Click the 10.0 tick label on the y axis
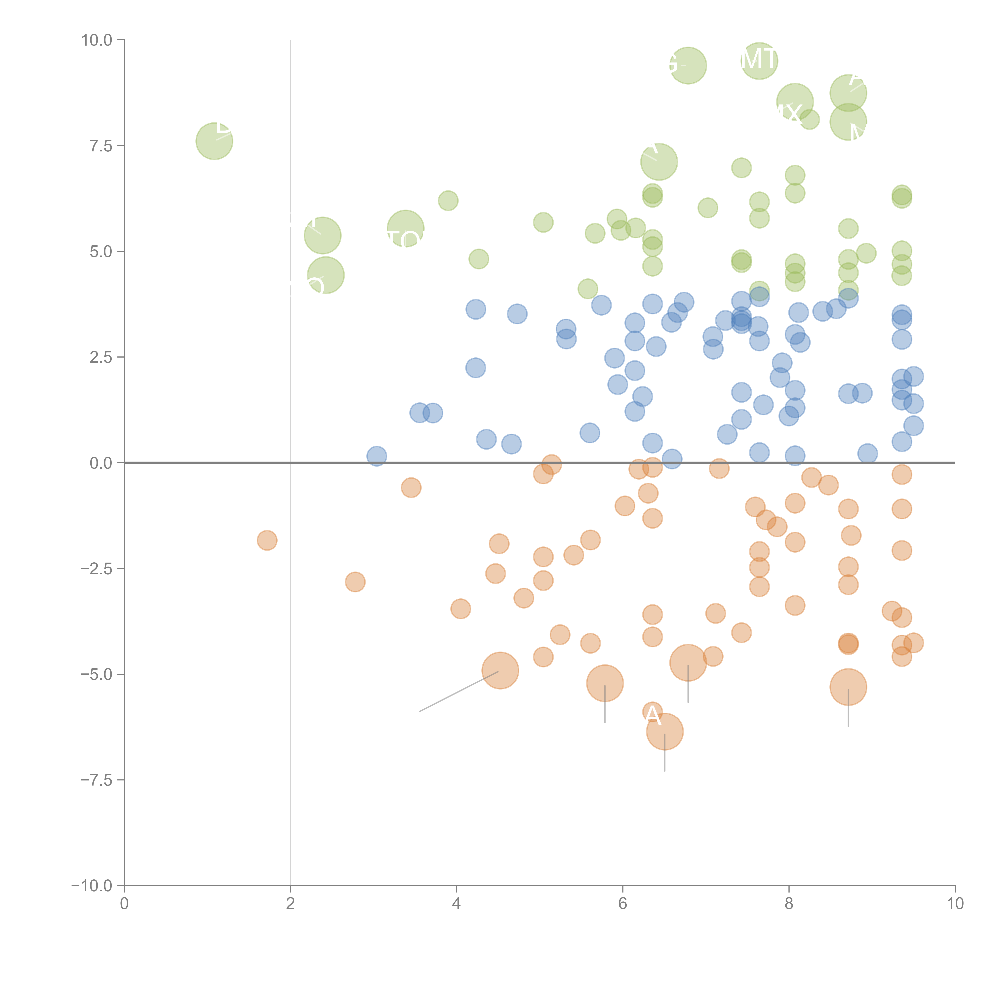(x=97, y=40)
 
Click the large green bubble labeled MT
(x=759, y=61)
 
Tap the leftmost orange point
(x=267, y=540)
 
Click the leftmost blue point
(x=377, y=456)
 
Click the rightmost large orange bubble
(x=848, y=687)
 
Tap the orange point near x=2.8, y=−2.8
(x=355, y=582)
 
